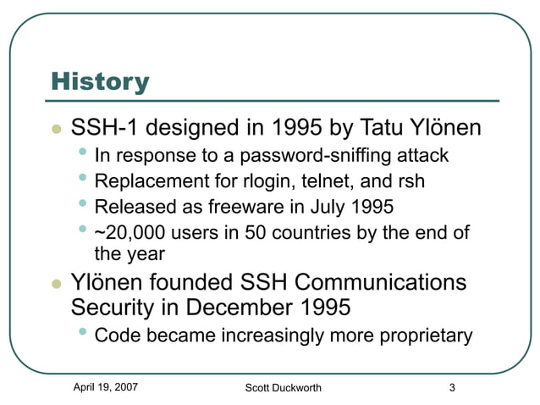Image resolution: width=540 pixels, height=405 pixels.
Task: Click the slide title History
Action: click(100, 82)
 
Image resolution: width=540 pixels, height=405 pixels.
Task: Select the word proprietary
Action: click(421, 336)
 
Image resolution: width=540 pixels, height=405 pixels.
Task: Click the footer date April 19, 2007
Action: click(106, 387)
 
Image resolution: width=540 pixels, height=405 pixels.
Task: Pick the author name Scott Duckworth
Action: click(283, 388)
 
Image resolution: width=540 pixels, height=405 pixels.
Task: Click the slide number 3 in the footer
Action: click(452, 388)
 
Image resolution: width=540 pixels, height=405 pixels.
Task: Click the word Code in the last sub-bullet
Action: click(118, 336)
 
